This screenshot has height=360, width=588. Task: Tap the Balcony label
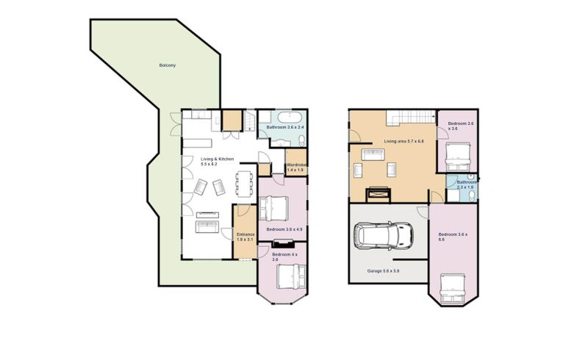[167, 65]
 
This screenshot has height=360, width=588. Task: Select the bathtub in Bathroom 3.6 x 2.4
[282, 118]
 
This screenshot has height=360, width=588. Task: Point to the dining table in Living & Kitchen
[243, 183]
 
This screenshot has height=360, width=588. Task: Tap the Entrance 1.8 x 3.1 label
[245, 237]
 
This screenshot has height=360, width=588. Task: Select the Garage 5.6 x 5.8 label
[383, 271]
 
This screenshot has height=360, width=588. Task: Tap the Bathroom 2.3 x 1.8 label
[466, 184]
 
